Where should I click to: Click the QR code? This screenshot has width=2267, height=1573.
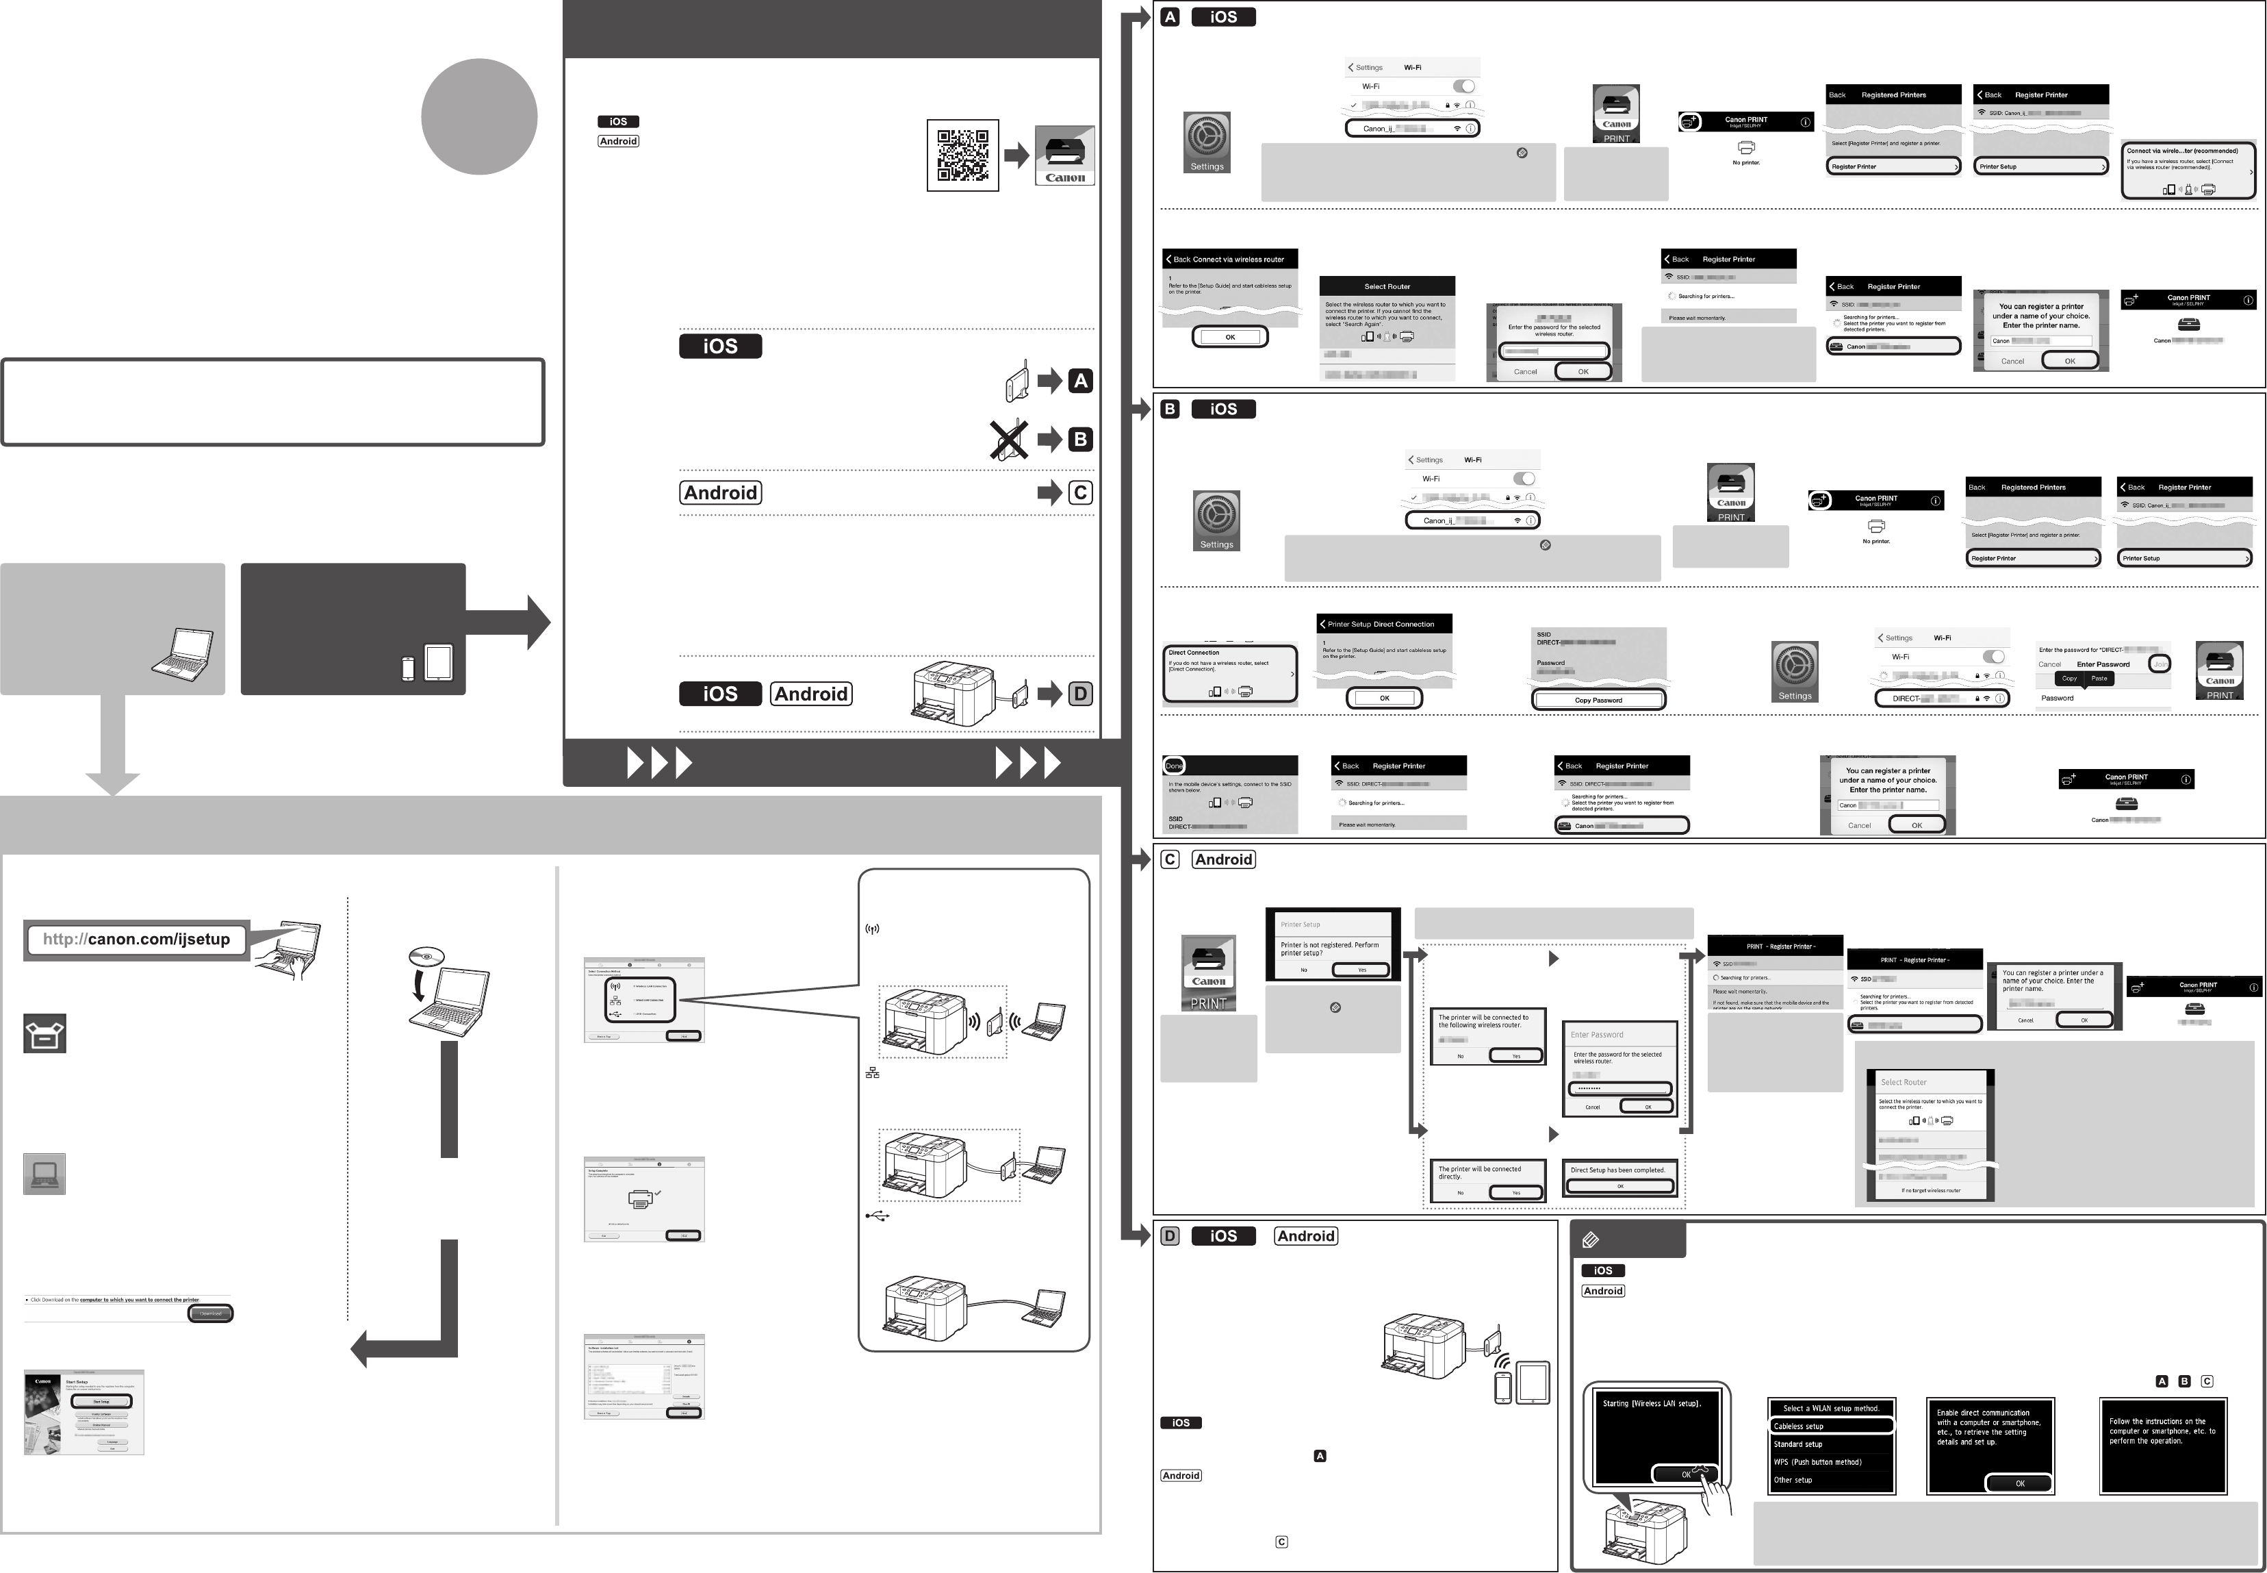(x=962, y=155)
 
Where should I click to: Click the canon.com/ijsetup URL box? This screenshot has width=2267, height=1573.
(x=136, y=940)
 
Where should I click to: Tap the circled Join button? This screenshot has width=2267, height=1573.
(x=2160, y=664)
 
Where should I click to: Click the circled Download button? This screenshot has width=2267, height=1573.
(x=211, y=1313)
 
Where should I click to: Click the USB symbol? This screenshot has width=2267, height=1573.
(x=877, y=1216)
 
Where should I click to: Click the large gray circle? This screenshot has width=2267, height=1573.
(x=479, y=116)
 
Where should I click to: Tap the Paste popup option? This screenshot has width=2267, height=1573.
(x=2099, y=678)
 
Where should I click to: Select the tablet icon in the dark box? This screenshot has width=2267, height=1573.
(x=439, y=662)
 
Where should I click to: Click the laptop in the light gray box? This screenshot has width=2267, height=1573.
(x=183, y=653)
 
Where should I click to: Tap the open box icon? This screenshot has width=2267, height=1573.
(x=44, y=1035)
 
